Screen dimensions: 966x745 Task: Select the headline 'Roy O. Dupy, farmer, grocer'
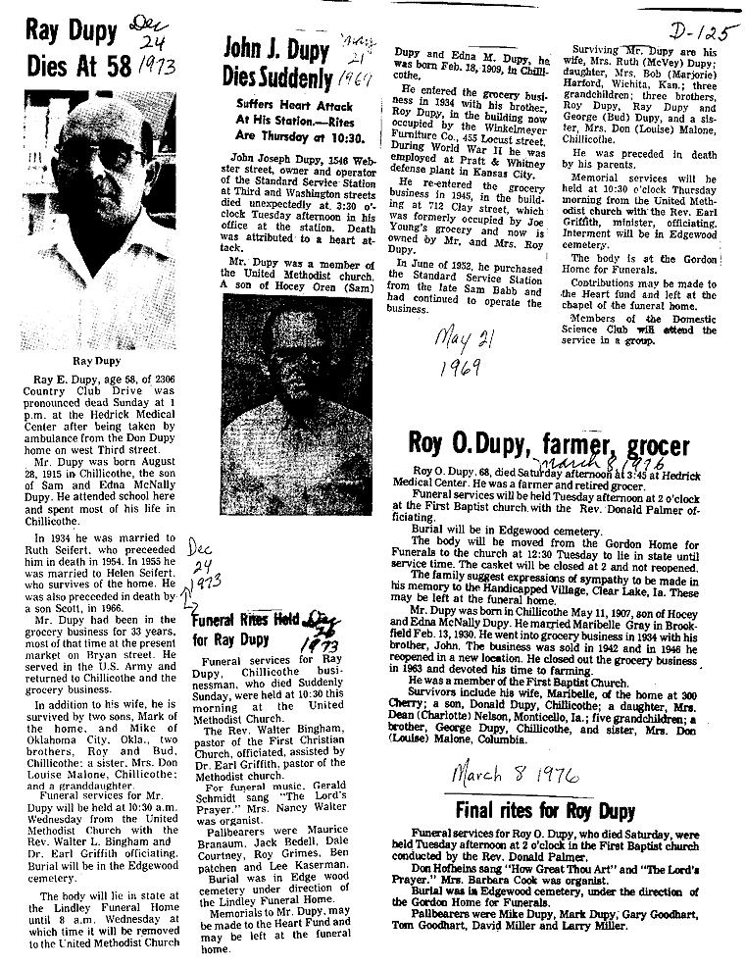pyautogui.click(x=550, y=446)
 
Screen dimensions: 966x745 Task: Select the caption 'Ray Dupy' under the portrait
pyautogui.click(x=96, y=360)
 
